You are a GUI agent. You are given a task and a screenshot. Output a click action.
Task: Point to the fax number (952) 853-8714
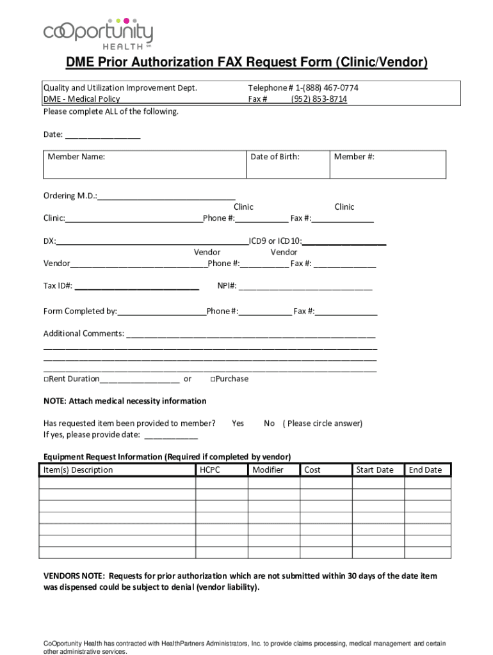pyautogui.click(x=319, y=99)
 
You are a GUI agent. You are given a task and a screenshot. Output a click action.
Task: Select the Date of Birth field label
pyautogui.click(x=275, y=157)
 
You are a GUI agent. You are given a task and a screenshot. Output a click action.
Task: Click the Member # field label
pyautogui.click(x=354, y=157)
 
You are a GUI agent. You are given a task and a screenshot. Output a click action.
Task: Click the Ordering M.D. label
pyautogui.click(x=70, y=196)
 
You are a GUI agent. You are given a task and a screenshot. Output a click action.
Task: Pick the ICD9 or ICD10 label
pyautogui.click(x=275, y=241)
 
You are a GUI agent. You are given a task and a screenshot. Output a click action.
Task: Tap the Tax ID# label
pyautogui.click(x=58, y=286)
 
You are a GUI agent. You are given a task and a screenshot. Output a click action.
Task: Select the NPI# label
pyautogui.click(x=227, y=286)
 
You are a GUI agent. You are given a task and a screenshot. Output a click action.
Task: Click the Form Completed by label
pyautogui.click(x=80, y=312)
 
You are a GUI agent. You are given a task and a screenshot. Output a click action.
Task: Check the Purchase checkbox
pyautogui.click(x=213, y=379)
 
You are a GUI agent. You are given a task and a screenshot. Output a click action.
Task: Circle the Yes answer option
pyautogui.click(x=238, y=423)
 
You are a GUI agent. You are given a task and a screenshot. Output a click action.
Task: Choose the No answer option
pyautogui.click(x=269, y=423)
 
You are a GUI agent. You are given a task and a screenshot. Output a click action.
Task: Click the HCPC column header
pyautogui.click(x=210, y=470)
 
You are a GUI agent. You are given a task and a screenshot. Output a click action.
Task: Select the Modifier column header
pyautogui.click(x=268, y=470)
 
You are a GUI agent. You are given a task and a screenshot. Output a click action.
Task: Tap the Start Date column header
pyautogui.click(x=375, y=470)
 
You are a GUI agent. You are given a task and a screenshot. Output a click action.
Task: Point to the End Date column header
pyautogui.click(x=425, y=470)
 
